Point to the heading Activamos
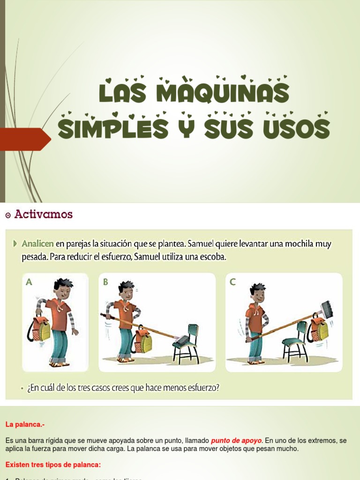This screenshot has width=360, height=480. pos(44,214)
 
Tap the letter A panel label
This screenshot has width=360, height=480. pos(29,282)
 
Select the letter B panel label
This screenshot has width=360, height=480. pos(105,282)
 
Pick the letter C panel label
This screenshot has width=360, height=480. pos(232,282)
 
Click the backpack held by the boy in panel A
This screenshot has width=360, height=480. pos(41,329)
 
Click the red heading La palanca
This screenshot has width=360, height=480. pos(25,425)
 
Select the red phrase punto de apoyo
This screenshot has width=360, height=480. pos(236,441)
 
